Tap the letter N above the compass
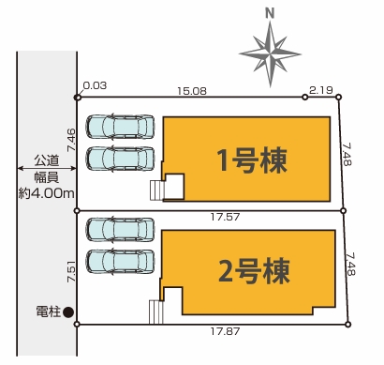click(270, 13)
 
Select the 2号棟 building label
click(252, 271)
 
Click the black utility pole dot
click(67, 312)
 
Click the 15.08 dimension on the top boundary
click(194, 89)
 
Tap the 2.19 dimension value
click(321, 89)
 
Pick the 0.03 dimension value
click(94, 85)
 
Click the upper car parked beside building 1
click(121, 127)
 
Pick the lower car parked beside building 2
click(121, 261)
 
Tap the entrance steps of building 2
click(156, 311)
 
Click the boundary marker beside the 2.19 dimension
click(305, 97)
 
